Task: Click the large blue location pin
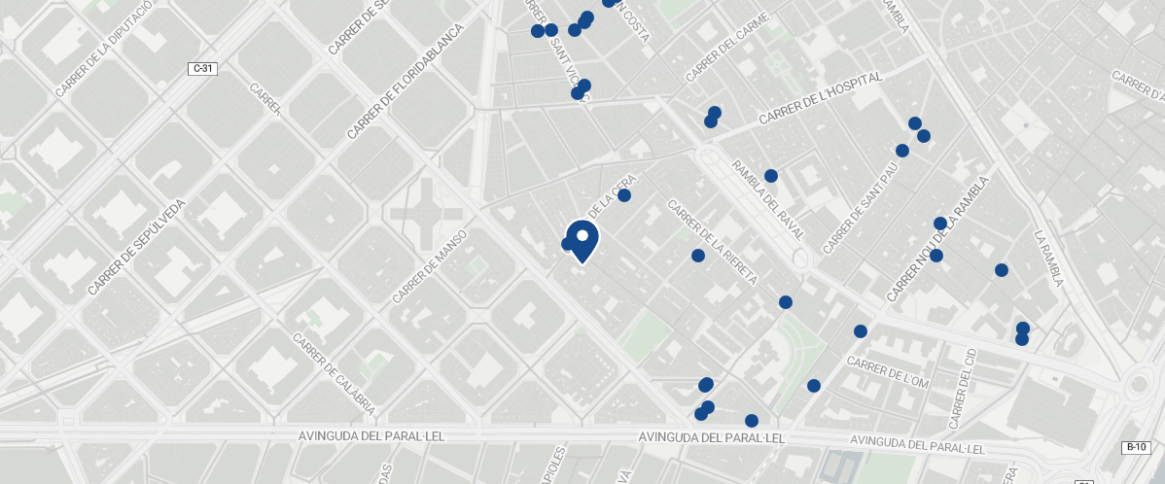[x=582, y=240]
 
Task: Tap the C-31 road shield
[x=201, y=68]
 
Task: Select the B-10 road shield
[x=1135, y=447]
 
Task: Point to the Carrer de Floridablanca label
[x=406, y=81]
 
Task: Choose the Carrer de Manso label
[x=430, y=265]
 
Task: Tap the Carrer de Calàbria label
[x=334, y=374]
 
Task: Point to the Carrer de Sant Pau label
[x=860, y=208]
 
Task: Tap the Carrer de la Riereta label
[x=712, y=241]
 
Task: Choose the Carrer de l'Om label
[x=888, y=373]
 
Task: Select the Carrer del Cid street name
[x=962, y=389]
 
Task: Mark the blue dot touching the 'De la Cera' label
[x=624, y=195]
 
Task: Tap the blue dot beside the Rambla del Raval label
[x=771, y=176]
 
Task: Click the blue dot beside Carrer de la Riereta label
[x=697, y=256]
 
